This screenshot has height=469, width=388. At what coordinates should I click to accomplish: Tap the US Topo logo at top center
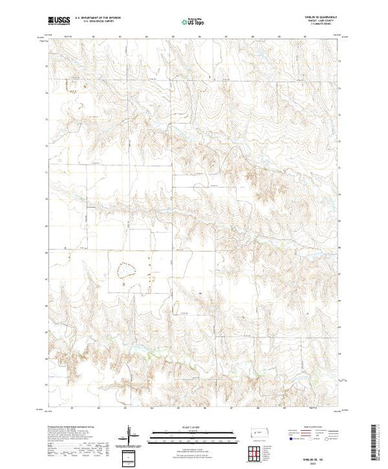(x=193, y=23)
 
